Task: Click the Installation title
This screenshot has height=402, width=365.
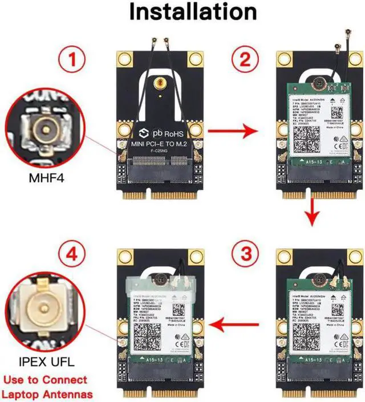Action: point(183,12)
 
